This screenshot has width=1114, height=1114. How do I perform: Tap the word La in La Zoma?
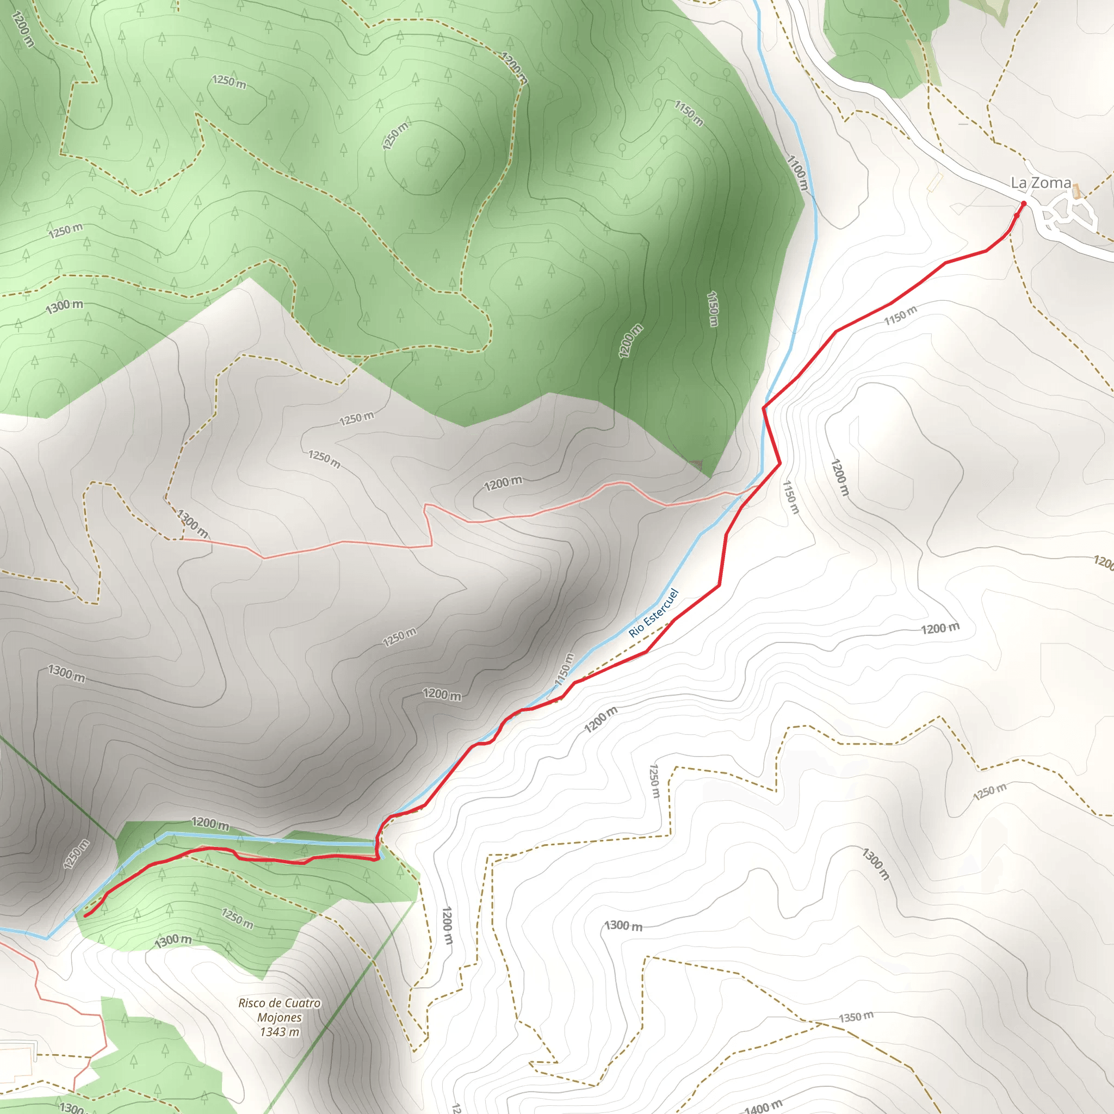1019,183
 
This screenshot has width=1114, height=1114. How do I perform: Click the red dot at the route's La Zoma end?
1024,203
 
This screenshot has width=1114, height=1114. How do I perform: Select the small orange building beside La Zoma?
1076,191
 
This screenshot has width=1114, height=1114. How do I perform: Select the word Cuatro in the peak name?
301,1003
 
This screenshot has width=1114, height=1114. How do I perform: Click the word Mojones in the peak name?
280,1018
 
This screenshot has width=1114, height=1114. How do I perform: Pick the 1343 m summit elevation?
280,1032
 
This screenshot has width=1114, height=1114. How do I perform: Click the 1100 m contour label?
797,173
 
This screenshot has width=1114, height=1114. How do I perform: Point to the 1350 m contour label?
856,1017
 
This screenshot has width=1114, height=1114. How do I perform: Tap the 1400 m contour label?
763,1106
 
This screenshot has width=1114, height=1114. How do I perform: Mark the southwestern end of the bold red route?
85,915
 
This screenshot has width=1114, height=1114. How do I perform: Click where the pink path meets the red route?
757,488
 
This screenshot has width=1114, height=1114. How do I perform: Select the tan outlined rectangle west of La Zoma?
934,182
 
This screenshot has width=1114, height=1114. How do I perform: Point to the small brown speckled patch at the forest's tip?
696,463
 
